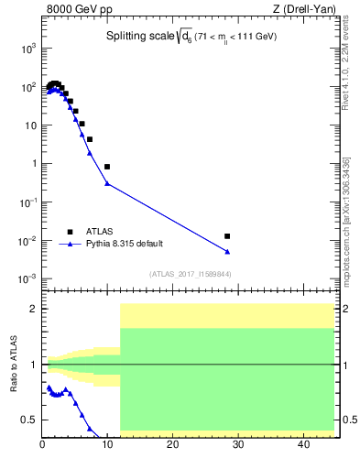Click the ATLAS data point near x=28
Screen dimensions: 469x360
coord(227,236)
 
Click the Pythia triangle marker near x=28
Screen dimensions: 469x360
coord(227,251)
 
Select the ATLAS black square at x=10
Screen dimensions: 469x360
coord(107,167)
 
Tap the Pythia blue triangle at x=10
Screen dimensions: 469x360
coord(107,183)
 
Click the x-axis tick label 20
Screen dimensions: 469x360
coord(173,445)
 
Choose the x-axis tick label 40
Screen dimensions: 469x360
coord(302,445)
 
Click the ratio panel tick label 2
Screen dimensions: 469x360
coord(32,309)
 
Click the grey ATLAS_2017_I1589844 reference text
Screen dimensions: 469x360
coord(191,274)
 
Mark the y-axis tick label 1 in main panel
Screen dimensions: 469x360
coord(33,164)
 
